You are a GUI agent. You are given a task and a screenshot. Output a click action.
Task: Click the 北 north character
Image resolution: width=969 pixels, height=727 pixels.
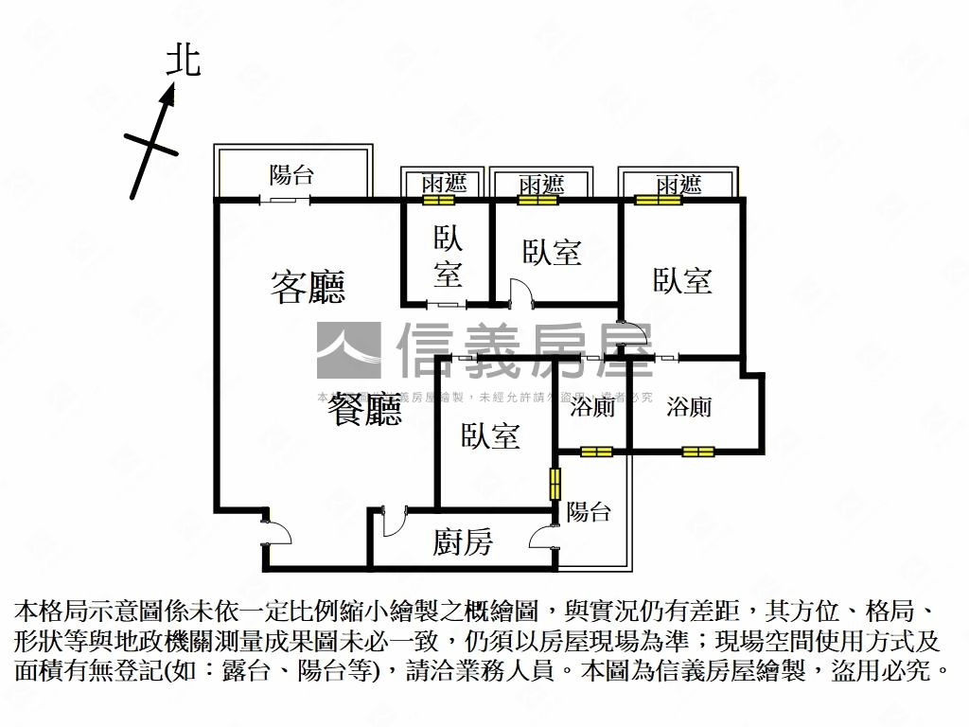point(183,61)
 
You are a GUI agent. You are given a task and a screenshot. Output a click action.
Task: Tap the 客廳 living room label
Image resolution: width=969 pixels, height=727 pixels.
point(308,287)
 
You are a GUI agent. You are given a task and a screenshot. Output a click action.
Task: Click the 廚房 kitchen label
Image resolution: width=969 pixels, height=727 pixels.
point(463,542)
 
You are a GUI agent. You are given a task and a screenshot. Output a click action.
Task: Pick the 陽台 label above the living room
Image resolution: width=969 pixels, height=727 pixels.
point(291,175)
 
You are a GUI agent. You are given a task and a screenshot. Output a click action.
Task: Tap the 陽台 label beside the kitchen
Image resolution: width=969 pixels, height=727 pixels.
point(589,512)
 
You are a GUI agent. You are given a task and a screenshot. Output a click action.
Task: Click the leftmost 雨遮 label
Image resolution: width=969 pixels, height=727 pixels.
point(445,184)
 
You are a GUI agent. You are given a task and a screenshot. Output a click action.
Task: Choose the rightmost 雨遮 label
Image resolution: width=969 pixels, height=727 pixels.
point(678,184)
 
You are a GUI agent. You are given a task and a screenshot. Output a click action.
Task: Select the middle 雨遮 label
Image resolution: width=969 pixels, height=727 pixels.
point(540,184)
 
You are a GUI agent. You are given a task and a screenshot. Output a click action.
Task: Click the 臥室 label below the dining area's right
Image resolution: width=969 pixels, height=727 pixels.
point(490,435)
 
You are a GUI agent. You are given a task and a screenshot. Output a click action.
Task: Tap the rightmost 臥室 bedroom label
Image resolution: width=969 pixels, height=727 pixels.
point(681,280)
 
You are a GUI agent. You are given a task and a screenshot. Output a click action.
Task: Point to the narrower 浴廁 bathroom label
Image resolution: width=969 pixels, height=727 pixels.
point(593,408)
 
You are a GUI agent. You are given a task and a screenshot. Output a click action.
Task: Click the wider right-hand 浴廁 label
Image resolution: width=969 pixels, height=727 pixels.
point(689,408)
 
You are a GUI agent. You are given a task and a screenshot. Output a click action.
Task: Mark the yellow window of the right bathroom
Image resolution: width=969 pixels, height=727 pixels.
point(696,452)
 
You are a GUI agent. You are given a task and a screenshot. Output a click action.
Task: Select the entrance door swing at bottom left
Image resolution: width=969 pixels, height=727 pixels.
point(278,530)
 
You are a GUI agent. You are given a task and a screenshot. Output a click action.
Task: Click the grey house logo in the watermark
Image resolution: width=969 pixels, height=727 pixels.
point(348,350)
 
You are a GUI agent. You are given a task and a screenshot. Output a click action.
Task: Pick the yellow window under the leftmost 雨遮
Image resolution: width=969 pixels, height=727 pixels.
point(438,200)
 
